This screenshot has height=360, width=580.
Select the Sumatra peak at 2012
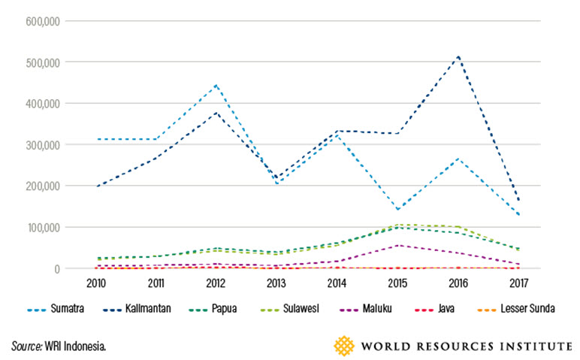tap(216, 85)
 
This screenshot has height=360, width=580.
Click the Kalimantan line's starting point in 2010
tap(96, 186)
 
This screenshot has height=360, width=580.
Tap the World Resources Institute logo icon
tap(345, 346)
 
